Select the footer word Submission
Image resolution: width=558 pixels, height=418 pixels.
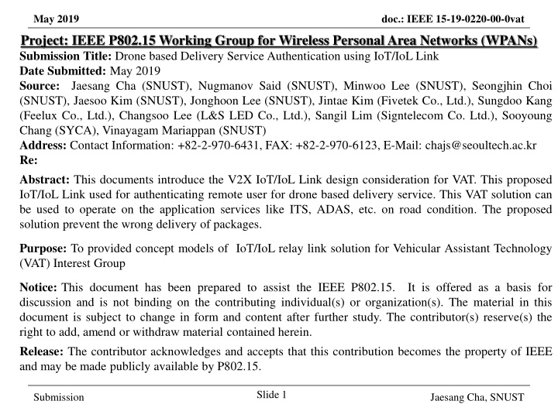coord(59,397)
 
